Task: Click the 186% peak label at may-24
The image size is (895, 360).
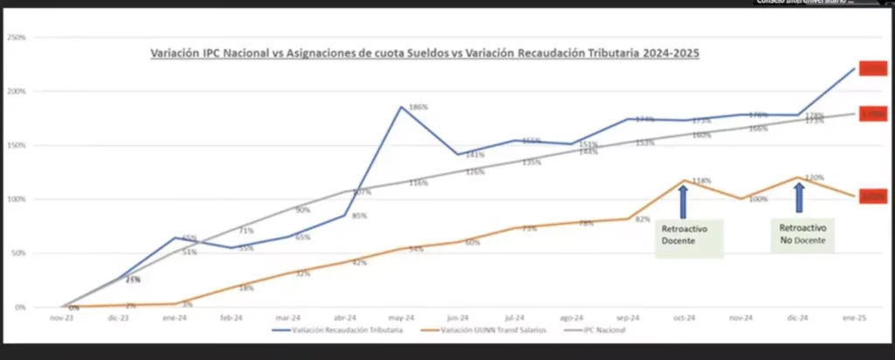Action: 418,107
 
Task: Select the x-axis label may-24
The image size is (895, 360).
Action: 401,318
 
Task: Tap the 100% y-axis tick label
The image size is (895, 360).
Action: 17,199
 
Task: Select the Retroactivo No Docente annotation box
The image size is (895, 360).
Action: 801,232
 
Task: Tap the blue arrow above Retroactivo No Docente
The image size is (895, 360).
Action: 799,197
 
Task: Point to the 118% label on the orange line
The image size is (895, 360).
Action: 700,181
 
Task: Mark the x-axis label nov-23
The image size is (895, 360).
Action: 61,318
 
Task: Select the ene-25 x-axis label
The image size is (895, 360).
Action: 855,318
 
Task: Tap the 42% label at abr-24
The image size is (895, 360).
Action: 358,263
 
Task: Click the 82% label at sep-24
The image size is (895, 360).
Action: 642,219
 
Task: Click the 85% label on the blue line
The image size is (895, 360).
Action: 358,217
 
